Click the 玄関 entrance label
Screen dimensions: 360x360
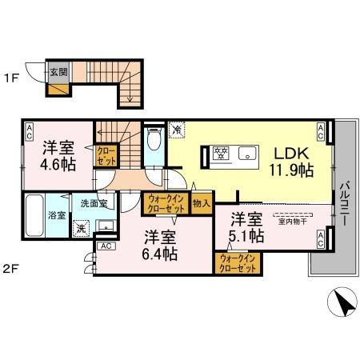coord(58,71)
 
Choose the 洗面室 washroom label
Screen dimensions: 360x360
coord(94,203)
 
